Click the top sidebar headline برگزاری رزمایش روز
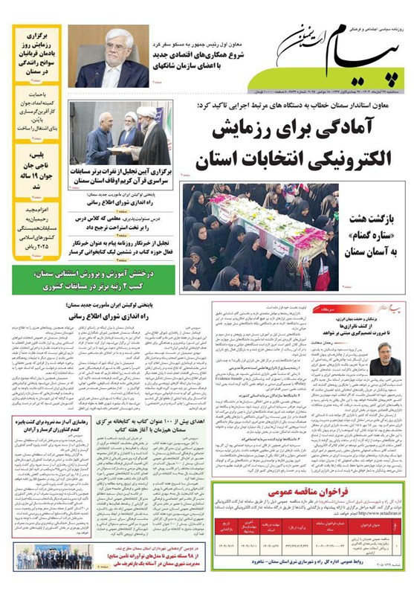38,48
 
